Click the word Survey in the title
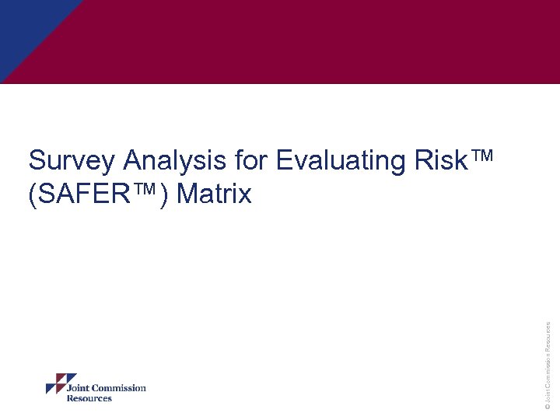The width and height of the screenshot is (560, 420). click(x=72, y=161)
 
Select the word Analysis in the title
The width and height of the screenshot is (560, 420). click(x=175, y=161)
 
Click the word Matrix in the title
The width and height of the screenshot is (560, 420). click(x=214, y=194)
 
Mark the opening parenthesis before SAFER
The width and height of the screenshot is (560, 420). click(x=32, y=194)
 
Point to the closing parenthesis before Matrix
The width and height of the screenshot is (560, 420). click(x=164, y=194)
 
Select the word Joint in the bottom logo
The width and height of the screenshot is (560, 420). click(x=79, y=388)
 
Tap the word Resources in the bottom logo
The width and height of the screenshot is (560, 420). click(x=89, y=398)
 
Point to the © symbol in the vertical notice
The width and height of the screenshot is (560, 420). click(x=548, y=405)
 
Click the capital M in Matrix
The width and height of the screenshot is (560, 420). click(x=188, y=194)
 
